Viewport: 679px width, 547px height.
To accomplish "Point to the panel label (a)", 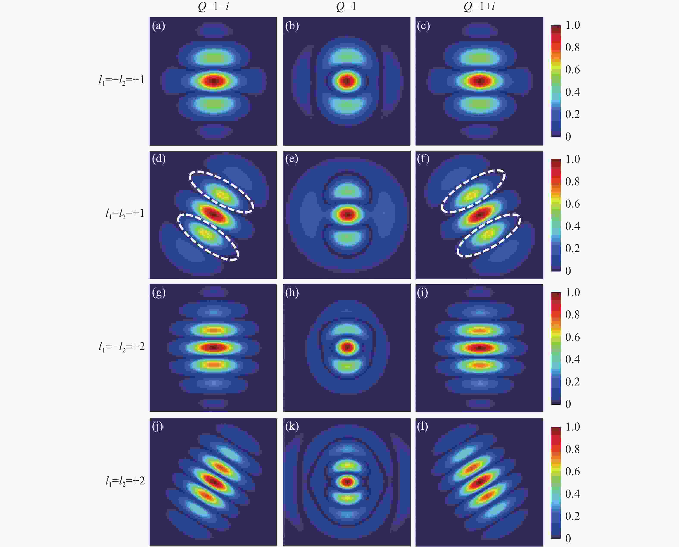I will (x=158, y=25).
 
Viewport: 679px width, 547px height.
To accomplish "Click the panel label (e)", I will (x=292, y=159).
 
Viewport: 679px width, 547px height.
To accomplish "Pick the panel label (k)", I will (x=292, y=426).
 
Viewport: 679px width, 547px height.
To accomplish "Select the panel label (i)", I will (x=422, y=293).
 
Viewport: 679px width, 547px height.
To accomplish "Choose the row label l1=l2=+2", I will (x=125, y=481).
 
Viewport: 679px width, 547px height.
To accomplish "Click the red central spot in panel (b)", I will (x=347, y=81).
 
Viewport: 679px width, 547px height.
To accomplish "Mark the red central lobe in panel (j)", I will (x=214, y=481).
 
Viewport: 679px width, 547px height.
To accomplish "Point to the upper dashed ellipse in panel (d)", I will (x=221, y=192).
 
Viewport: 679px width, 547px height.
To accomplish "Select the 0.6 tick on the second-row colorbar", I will (x=572, y=204).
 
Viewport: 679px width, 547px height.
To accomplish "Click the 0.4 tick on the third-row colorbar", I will (x=572, y=359).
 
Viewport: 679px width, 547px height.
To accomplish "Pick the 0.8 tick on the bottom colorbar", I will (x=572, y=449).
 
